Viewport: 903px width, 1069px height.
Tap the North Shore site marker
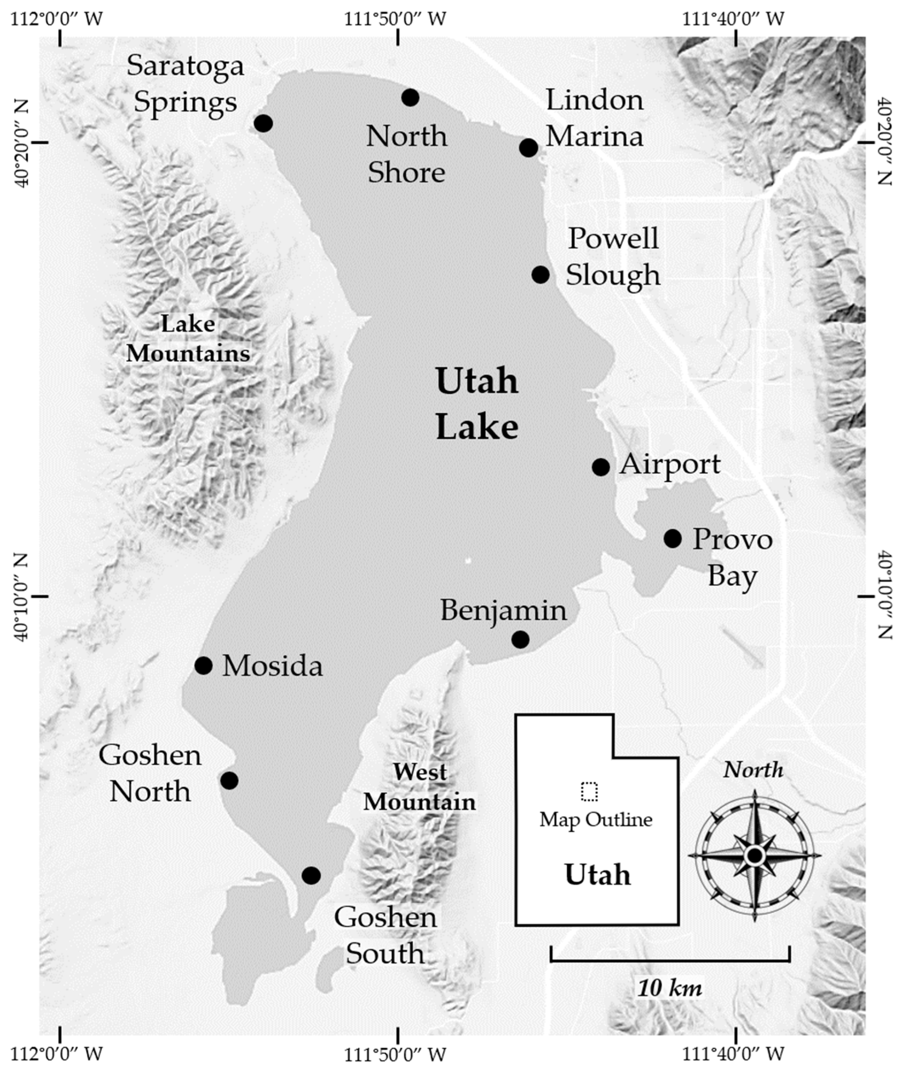pyautogui.click(x=410, y=97)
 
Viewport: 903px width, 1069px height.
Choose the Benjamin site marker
pyautogui.click(x=520, y=639)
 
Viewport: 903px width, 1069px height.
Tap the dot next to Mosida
pyautogui.click(x=204, y=666)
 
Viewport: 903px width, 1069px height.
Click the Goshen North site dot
pyautogui.click(x=229, y=780)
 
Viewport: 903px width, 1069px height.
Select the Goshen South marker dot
pyautogui.click(x=311, y=875)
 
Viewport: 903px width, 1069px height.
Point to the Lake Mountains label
pyautogui.click(x=188, y=338)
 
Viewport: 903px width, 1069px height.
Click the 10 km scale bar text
pyautogui.click(x=670, y=988)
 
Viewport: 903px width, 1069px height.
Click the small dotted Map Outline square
pyautogui.click(x=589, y=792)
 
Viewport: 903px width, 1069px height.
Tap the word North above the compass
pyautogui.click(x=753, y=770)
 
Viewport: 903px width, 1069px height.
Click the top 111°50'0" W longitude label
pyautogui.click(x=395, y=19)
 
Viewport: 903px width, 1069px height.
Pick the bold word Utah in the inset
pyautogui.click(x=597, y=874)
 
